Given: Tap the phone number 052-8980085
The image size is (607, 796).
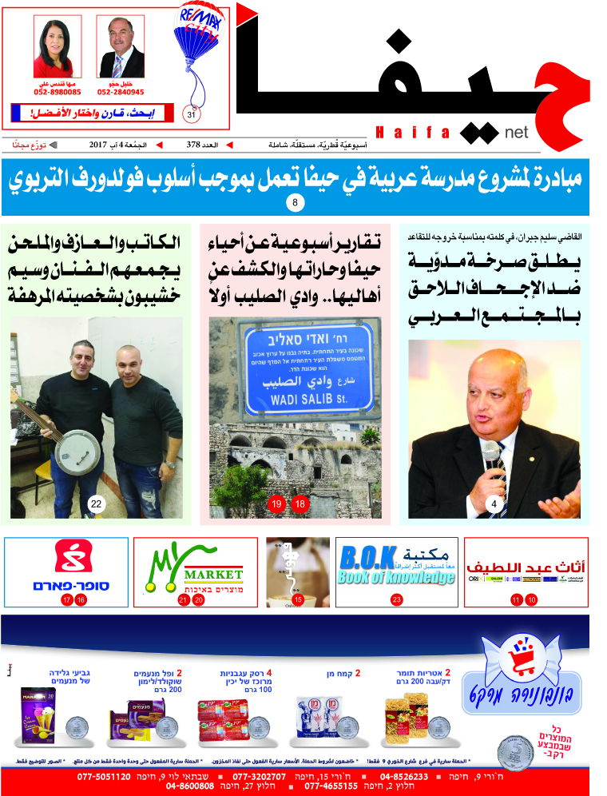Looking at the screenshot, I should click(x=57, y=92).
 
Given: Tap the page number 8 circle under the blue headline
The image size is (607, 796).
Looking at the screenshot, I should click(x=295, y=204).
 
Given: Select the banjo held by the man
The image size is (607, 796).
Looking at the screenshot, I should click(x=77, y=436).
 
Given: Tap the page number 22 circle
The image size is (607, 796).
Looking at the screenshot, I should click(x=97, y=503).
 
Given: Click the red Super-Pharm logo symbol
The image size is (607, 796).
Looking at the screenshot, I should click(x=66, y=558).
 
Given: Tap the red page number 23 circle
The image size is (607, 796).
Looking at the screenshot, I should click(x=397, y=599).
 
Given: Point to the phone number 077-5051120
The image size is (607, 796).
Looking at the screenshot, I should click(x=104, y=776).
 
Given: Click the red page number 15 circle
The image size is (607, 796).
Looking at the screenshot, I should click(x=298, y=599).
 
